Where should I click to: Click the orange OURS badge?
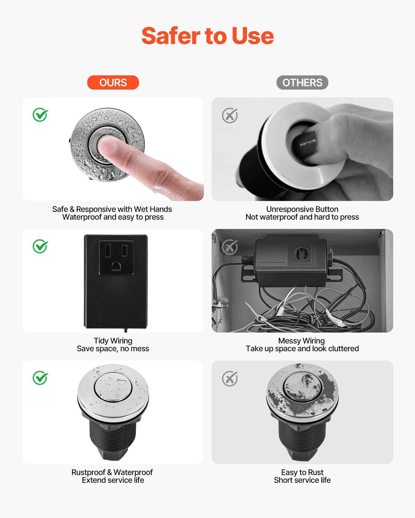113,83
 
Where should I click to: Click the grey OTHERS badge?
302,83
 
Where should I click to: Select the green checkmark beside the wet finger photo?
40,115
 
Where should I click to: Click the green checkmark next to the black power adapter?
40,246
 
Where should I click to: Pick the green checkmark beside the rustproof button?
40,378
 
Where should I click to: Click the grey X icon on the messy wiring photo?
230,247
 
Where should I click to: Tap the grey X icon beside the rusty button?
230,378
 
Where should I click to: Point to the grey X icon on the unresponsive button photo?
230,115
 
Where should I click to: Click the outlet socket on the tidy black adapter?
116,257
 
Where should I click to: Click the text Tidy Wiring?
113,341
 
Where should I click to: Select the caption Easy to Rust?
302,472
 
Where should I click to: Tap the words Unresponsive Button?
302,209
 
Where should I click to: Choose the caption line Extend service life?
113,480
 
